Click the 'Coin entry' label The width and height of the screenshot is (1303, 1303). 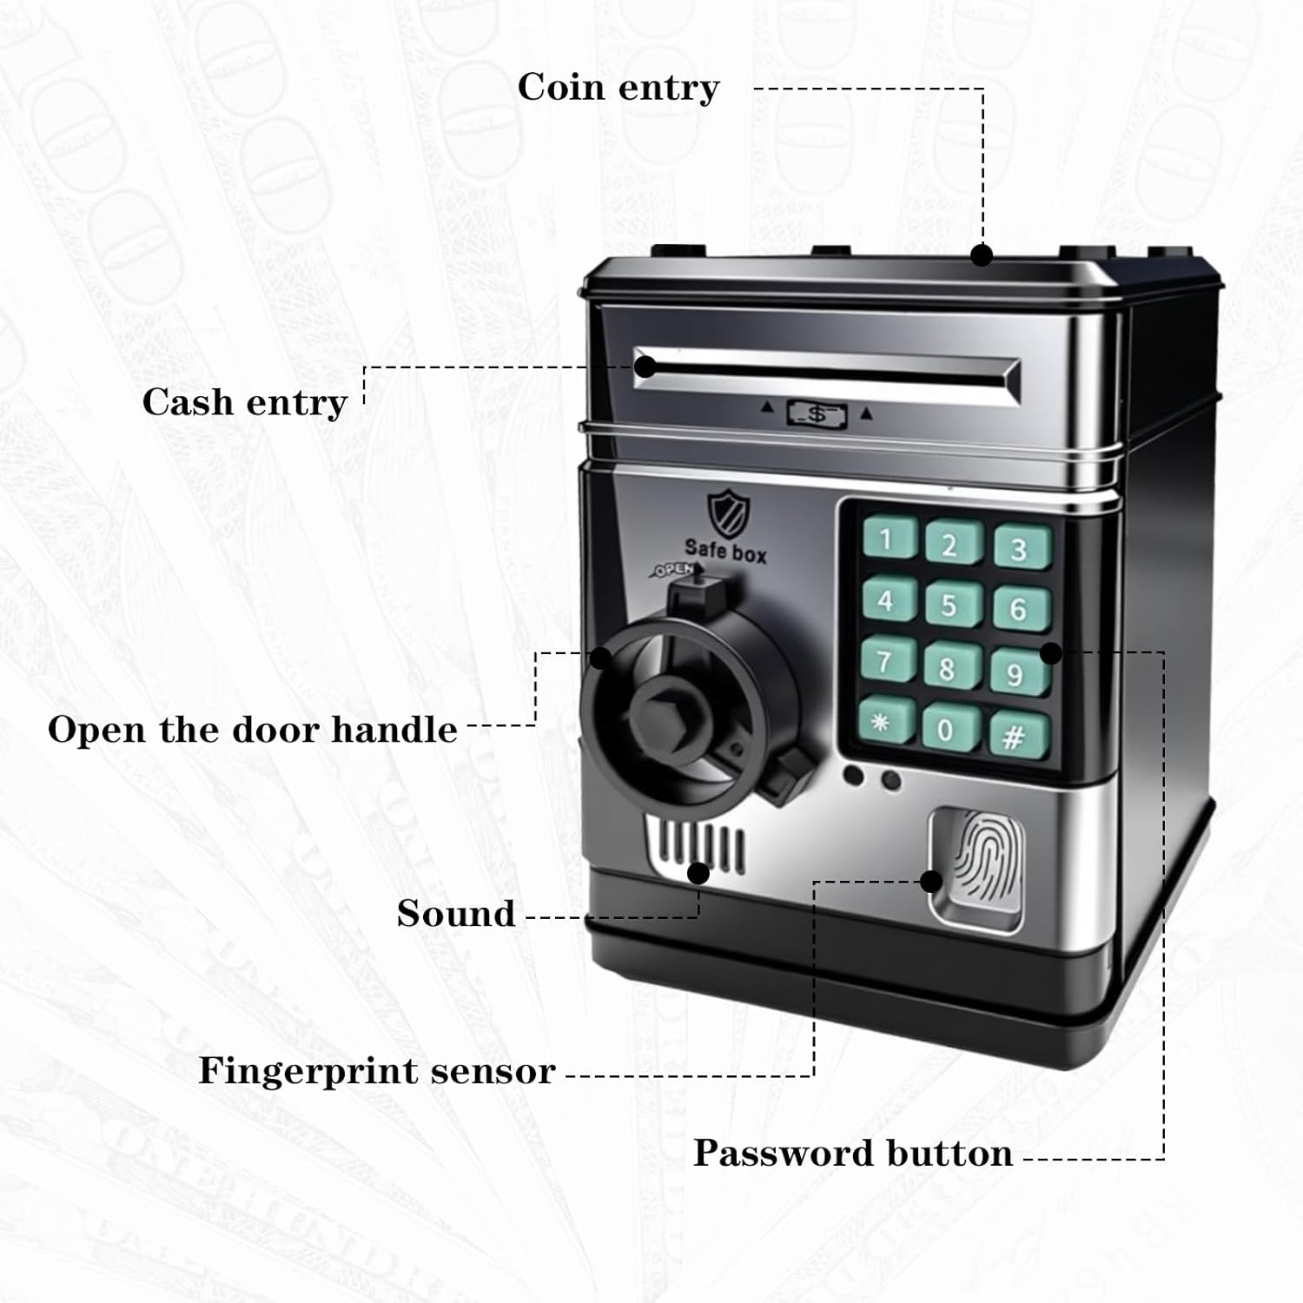coord(618,88)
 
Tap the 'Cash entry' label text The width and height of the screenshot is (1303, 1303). coord(245,403)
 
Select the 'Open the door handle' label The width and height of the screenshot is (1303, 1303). coord(253,730)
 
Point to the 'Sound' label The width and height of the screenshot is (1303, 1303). coord(456,914)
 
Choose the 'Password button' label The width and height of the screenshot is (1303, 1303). coord(853,1154)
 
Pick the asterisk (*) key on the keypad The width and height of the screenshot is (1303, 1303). coord(885,721)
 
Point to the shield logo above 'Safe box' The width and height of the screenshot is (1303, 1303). coord(725,513)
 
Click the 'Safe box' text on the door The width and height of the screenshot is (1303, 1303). coord(725,550)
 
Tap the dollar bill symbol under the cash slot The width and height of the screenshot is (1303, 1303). coord(817,413)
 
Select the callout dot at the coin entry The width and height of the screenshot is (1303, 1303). coord(982,255)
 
